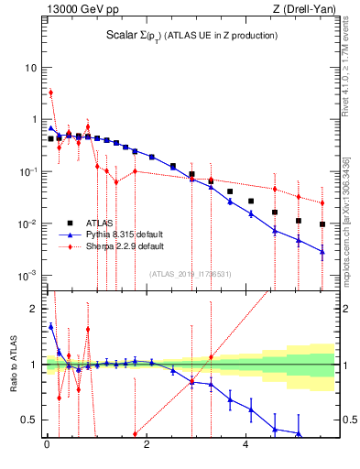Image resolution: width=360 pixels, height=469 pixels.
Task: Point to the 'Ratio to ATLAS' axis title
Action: click(12, 365)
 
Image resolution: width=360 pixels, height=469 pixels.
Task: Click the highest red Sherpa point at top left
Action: click(50, 93)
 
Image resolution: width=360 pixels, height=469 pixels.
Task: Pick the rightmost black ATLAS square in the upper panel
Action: click(322, 224)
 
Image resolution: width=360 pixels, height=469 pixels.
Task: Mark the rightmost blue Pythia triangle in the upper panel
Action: click(322, 251)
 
